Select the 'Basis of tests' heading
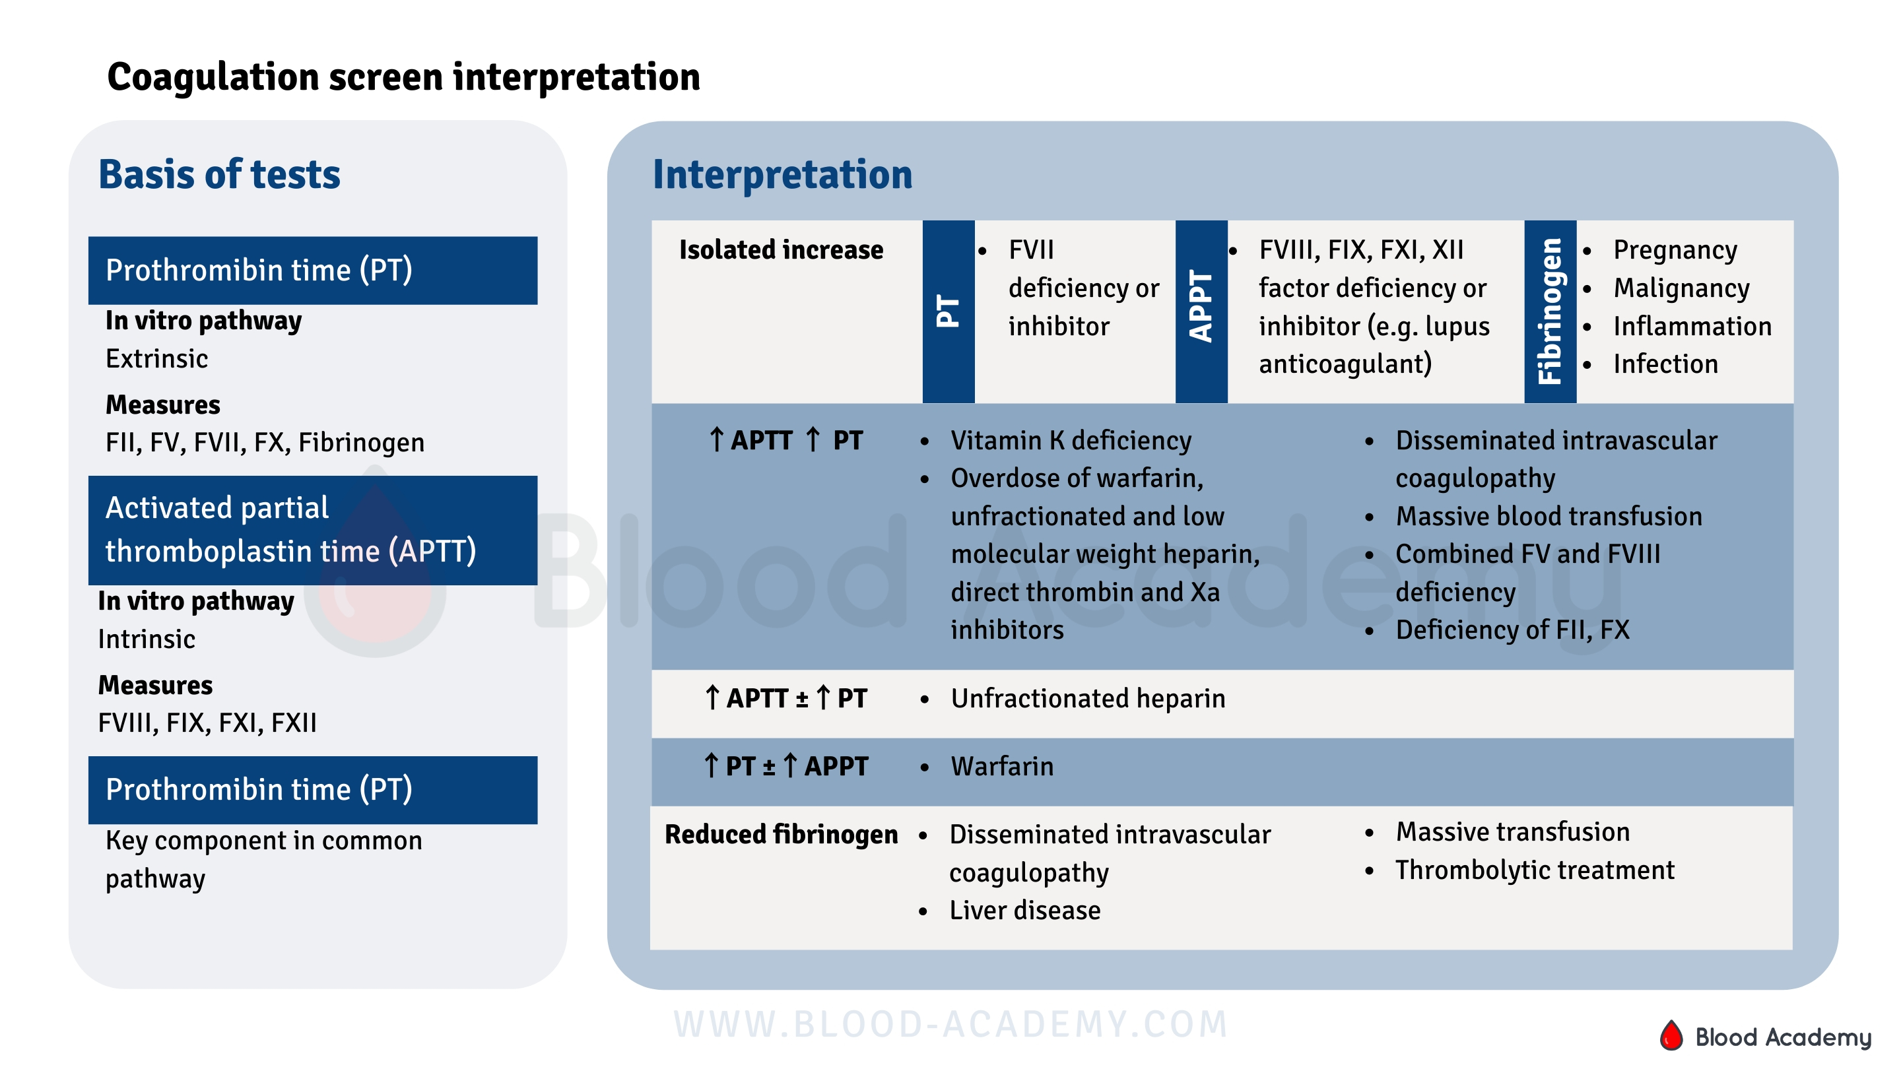tap(219, 175)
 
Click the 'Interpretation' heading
tap(782, 175)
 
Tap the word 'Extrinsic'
tap(156, 358)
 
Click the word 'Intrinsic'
tap(146, 639)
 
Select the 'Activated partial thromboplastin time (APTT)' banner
tap(312, 530)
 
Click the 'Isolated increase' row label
tap(780, 250)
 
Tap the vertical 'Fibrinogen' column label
tap(1549, 311)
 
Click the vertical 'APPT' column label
tap(1200, 306)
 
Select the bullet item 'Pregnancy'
tap(1674, 250)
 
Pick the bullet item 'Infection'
tap(1664, 364)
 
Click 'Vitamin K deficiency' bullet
tap(1070, 440)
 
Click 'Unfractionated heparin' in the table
tap(1087, 698)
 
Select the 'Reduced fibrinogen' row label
tap(780, 834)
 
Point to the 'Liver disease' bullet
tap(1024, 910)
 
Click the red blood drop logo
tap(1671, 1035)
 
